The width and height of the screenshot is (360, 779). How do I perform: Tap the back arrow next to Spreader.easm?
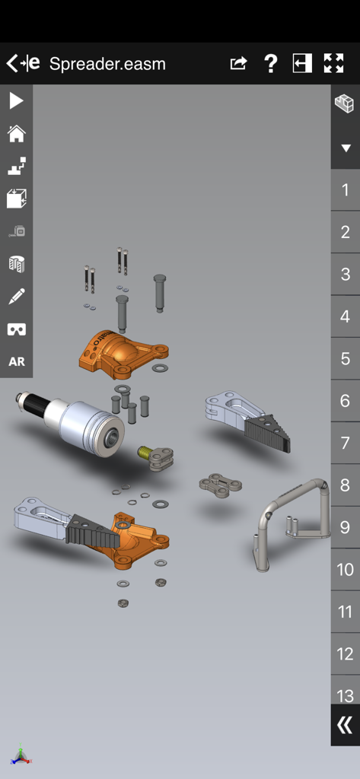pyautogui.click(x=13, y=63)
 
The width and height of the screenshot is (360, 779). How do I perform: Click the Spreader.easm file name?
pyautogui.click(x=107, y=64)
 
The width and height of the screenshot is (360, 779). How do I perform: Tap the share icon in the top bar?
pyautogui.click(x=238, y=64)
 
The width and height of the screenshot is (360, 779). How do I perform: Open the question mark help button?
pyautogui.click(x=270, y=64)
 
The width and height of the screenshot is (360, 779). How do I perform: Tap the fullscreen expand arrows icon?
pyautogui.click(x=333, y=64)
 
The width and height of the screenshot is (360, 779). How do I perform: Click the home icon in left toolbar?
pyautogui.click(x=16, y=134)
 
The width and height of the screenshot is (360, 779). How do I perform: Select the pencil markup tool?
pyautogui.click(x=16, y=296)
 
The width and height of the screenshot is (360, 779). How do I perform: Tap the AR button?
pyautogui.click(x=16, y=361)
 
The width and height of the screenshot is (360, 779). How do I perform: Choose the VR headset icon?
pyautogui.click(x=16, y=329)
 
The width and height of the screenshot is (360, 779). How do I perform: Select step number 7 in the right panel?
pyautogui.click(x=345, y=443)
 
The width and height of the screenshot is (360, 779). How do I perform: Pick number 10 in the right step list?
pyautogui.click(x=345, y=569)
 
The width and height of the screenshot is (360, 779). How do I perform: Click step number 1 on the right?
pyautogui.click(x=345, y=190)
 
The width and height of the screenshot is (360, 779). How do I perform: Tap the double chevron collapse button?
pyautogui.click(x=345, y=725)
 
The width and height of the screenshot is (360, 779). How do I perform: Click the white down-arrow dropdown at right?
pyautogui.click(x=345, y=148)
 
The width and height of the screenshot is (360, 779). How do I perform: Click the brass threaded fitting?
pyautogui.click(x=144, y=453)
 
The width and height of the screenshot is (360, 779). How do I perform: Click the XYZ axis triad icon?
pyautogui.click(x=21, y=755)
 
